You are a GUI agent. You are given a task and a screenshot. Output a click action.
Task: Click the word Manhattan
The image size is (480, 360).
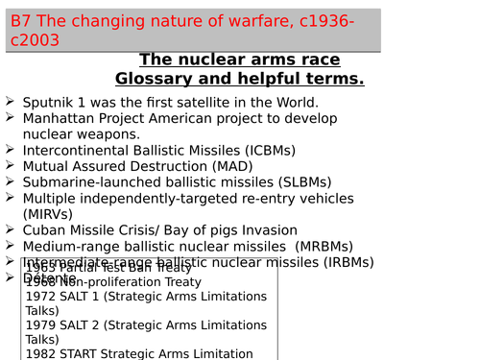click(60, 118)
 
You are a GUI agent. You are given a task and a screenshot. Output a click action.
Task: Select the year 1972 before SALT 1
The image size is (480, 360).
click(41, 298)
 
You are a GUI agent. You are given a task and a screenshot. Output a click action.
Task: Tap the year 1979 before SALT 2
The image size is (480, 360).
click(41, 325)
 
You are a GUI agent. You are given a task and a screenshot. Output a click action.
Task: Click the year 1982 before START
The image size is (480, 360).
click(41, 353)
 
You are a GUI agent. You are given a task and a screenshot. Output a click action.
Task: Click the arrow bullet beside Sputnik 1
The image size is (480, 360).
click(9, 102)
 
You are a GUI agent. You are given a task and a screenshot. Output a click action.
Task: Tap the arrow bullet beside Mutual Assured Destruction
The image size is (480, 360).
click(9, 166)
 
